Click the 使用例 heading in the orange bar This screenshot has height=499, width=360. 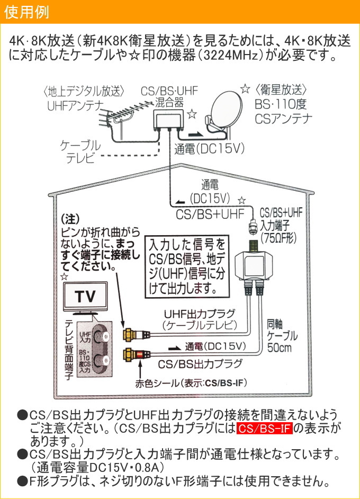click(26, 12)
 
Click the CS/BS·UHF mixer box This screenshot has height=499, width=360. click(168, 119)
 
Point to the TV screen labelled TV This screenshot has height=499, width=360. click(85, 297)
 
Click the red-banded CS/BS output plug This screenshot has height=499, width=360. click(137, 354)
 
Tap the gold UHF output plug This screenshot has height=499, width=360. click(137, 334)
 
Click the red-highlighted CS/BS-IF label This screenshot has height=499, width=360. click(265, 429)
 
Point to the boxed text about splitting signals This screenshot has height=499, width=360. click(187, 266)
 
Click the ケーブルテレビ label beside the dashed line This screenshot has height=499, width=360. click(80, 152)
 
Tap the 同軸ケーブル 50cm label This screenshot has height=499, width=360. click(282, 336)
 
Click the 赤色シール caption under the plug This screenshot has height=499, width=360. click(191, 383)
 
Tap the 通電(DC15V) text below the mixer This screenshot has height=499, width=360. click(209, 149)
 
